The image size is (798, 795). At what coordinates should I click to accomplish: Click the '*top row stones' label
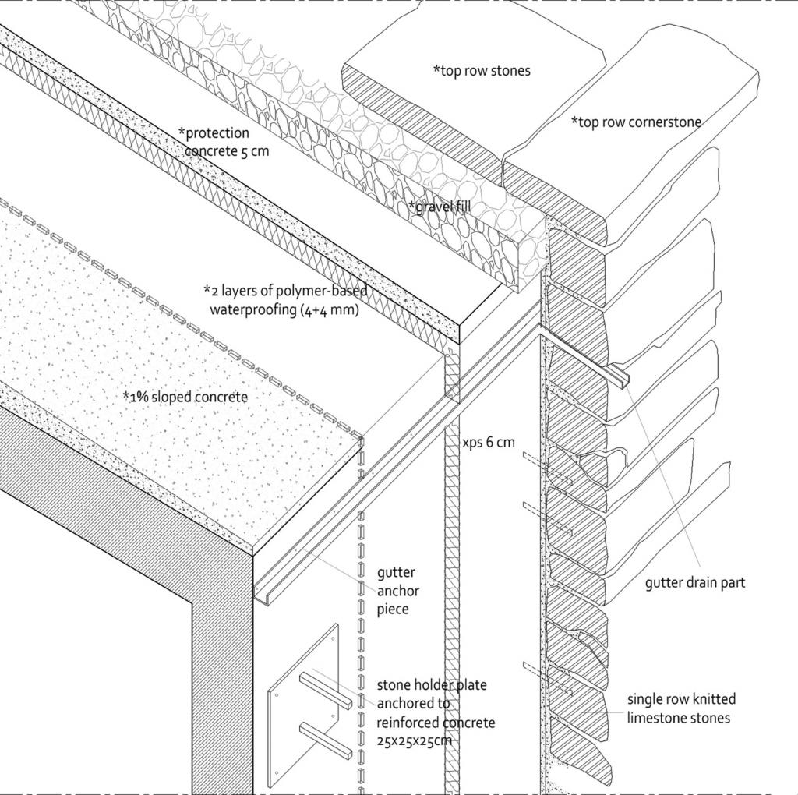482,71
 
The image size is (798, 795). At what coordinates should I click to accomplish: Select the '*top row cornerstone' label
636,122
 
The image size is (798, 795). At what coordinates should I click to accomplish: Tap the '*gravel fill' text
440,207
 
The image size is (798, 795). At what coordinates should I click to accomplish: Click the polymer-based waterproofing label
284,300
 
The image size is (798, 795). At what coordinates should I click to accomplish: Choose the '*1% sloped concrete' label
185,397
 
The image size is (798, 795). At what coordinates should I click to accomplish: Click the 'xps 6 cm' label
489,442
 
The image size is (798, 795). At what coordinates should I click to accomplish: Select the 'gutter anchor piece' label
398,591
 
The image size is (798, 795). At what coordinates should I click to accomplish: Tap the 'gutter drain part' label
694,582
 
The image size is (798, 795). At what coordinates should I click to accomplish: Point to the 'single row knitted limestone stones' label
680,708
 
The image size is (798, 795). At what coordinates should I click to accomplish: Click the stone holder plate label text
435,712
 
